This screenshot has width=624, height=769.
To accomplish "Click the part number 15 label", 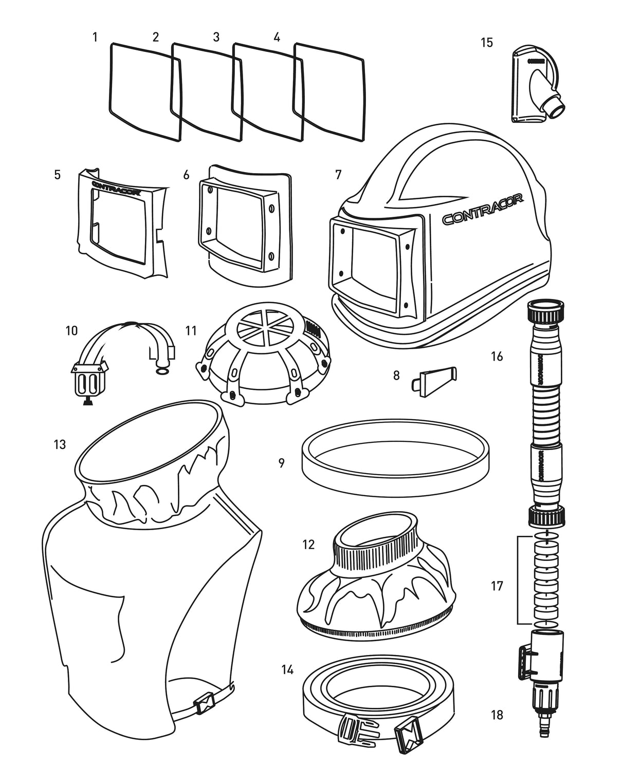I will pos(486,43).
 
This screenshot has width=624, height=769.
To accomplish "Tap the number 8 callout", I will pos(396,376).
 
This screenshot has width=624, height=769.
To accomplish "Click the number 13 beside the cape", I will pos(60,444).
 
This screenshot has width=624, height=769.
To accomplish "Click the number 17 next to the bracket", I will pos(497,586).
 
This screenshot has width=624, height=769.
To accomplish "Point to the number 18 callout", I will pos(497,715).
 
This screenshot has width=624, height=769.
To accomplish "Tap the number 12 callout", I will pos(308,545).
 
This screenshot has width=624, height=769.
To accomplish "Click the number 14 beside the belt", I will pos(287,670).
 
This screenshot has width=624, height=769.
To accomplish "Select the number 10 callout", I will pos(71,330).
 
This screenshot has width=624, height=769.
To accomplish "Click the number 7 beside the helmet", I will pos(338,175).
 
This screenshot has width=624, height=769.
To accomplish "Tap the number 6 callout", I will pos(186,175).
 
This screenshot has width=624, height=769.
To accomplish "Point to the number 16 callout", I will pos(497,355).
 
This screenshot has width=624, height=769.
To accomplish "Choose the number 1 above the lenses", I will pos(95,37).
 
